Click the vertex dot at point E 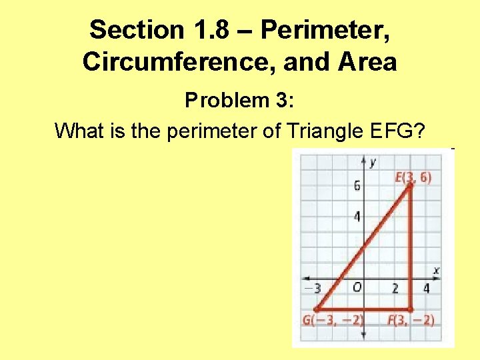tap(411, 186)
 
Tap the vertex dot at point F tap(410, 309)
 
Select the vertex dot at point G tap(317, 309)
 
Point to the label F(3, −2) tap(411, 321)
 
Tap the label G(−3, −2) tap(333, 321)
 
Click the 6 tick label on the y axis tap(357, 186)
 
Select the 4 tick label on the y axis tap(357, 217)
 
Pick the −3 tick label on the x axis tap(313, 289)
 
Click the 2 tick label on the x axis tap(395, 289)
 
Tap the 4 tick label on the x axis tap(426, 289)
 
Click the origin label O tap(357, 287)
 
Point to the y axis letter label tap(372, 163)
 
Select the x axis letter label tap(436, 270)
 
